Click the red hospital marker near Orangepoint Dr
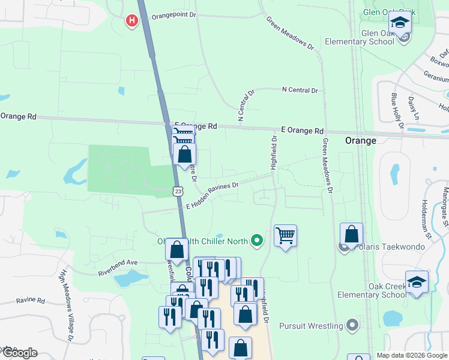[131, 21]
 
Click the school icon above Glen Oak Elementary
[400, 25]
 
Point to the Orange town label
[361, 140]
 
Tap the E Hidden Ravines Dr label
[212, 196]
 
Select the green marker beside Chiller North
[258, 241]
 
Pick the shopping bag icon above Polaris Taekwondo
[351, 233]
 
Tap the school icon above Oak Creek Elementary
[417, 282]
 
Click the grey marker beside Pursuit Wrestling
[352, 326]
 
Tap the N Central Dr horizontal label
[300, 90]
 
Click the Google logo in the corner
[20, 352]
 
